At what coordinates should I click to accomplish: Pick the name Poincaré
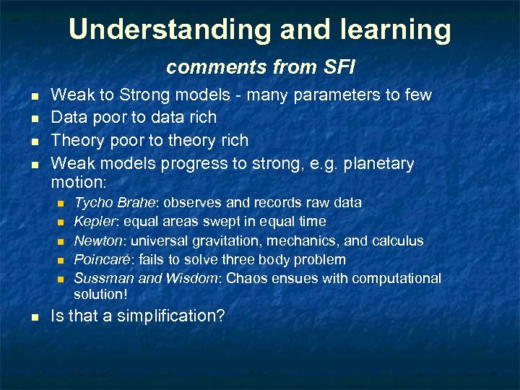pos(100,259)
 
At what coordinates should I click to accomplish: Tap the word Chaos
pos(246,278)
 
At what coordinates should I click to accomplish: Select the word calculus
pos(397,240)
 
